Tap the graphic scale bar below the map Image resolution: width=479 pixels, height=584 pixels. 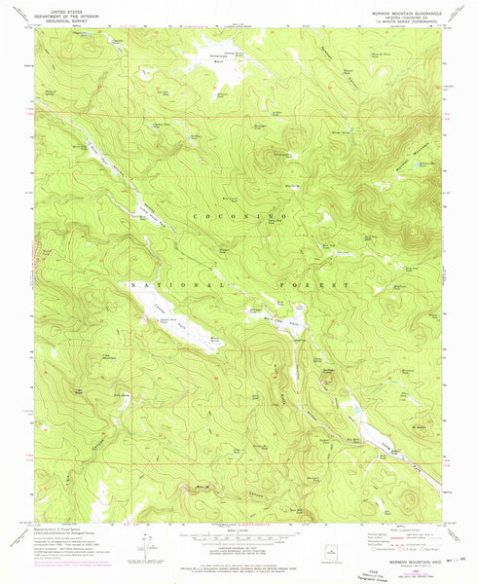(239, 537)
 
